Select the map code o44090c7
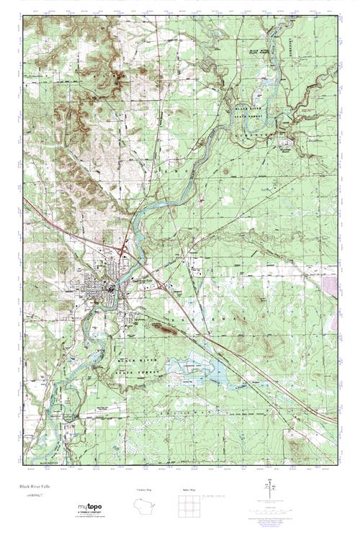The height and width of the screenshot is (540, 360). [x=32, y=496]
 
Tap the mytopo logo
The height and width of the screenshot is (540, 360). [x=89, y=508]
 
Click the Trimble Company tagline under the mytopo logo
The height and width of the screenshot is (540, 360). [x=89, y=515]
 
